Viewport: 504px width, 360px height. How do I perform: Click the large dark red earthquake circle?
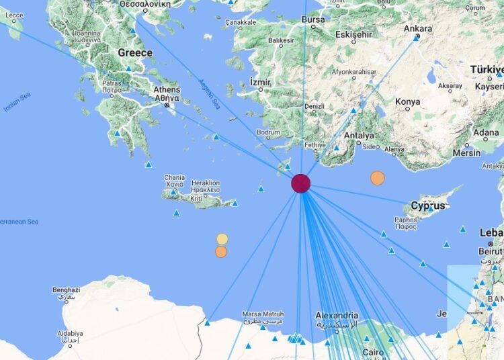click(300, 183)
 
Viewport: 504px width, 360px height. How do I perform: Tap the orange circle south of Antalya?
click(378, 178)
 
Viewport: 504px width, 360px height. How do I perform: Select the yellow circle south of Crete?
click(222, 239)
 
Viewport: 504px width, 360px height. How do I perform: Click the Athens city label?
click(167, 90)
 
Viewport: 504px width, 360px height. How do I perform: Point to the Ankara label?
click(417, 29)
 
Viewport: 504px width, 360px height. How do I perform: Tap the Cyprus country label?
click(428, 206)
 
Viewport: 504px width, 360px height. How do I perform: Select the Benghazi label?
click(66, 290)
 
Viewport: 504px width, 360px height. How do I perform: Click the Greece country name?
click(134, 52)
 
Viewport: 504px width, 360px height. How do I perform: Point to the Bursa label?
click(313, 20)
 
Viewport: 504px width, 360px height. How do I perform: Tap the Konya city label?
click(407, 102)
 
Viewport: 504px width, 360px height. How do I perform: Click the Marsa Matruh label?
click(263, 314)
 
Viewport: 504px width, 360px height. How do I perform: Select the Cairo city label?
click(374, 352)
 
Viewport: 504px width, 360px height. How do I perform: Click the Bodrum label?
click(269, 132)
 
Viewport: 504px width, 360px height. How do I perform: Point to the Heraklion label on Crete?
click(206, 183)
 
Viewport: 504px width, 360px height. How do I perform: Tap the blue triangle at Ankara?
click(417, 38)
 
